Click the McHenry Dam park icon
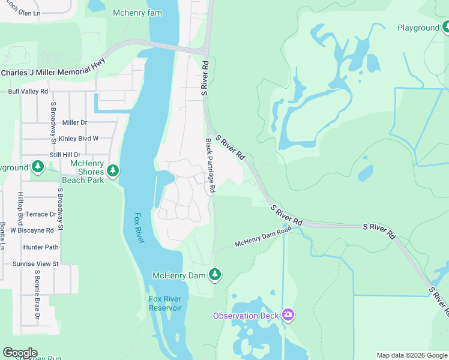coord(215,275)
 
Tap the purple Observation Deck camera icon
coord(288,315)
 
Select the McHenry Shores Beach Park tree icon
coord(113,171)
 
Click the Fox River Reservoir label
coord(165,303)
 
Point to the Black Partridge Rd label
coord(210,166)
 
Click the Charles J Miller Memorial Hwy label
coord(53,67)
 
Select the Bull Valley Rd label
coord(27,92)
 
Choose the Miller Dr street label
coord(74,122)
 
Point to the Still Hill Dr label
coord(65,155)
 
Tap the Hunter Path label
coord(41,247)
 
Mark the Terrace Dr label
coord(41,214)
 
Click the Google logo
coord(19,353)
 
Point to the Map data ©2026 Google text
coord(411,355)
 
